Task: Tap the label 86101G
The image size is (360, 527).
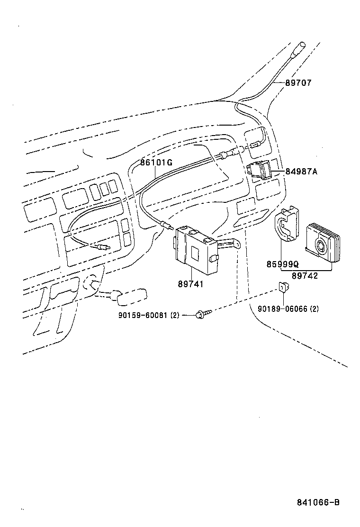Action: (x=156, y=163)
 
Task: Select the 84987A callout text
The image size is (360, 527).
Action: (x=301, y=172)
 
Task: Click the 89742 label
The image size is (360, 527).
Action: (x=305, y=276)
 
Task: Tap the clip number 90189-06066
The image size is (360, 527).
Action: (x=281, y=309)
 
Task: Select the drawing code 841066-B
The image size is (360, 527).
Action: (x=318, y=503)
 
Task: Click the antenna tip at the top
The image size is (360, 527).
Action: (x=300, y=48)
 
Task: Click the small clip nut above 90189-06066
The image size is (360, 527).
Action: (x=283, y=287)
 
